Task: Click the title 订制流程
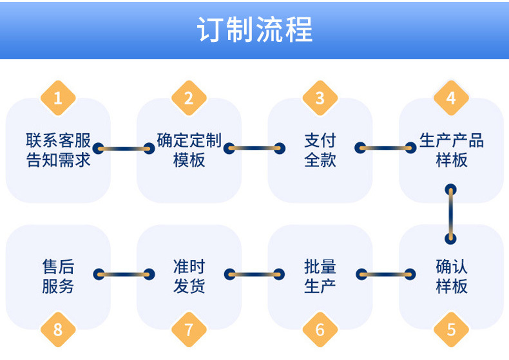[x=254, y=30]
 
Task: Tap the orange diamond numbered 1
[x=58, y=98]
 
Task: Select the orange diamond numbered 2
[x=189, y=98]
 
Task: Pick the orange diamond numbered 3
[x=320, y=98]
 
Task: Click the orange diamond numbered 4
[x=451, y=98]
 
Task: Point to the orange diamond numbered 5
[x=451, y=330]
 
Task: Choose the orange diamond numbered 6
[x=320, y=330]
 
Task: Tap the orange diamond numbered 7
[x=189, y=330]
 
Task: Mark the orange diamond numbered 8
[x=58, y=330]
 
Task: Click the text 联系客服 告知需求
[x=58, y=150]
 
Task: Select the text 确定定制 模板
[x=189, y=150]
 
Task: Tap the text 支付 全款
[x=320, y=150]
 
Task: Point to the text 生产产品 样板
[x=451, y=150]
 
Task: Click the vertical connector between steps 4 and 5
[x=451, y=214]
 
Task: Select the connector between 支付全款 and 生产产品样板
[x=385, y=148]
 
